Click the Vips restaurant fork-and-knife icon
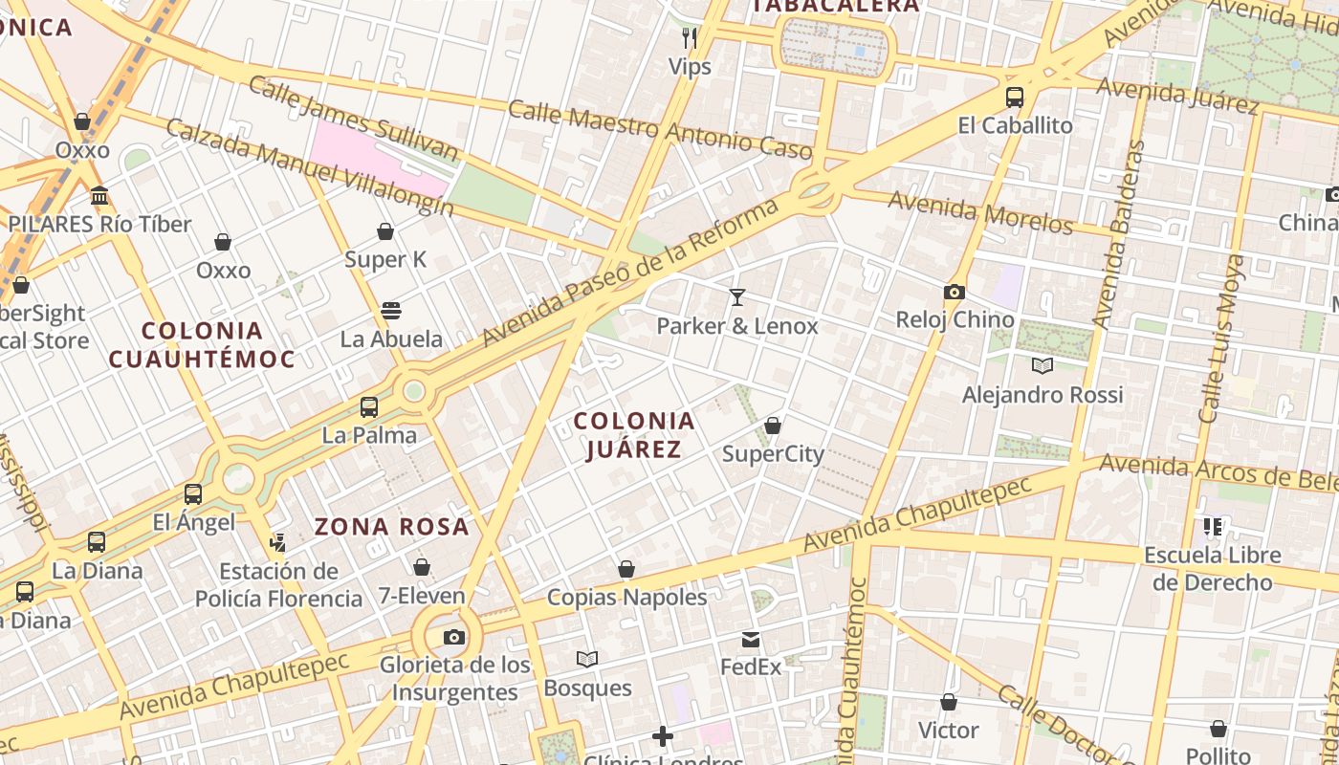pos(689,37)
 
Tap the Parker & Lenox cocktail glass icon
pos(736,297)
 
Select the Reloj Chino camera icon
pos(954,292)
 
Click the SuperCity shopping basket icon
pos(773,426)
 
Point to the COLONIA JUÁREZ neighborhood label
pos(634,435)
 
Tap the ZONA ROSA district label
pos(392,526)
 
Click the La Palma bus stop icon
pos(369,407)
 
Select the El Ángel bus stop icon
pos(193,494)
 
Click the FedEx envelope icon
pos(751,639)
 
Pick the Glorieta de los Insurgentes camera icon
pos(454,637)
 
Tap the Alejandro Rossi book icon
pos(1043,365)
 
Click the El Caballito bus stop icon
pos(1015,98)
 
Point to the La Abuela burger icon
pos(391,311)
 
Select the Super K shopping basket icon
pos(385,231)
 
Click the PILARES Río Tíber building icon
pos(99,196)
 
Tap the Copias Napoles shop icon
pos(626,570)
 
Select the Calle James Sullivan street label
pos(354,117)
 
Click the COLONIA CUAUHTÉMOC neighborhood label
pos(201,345)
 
